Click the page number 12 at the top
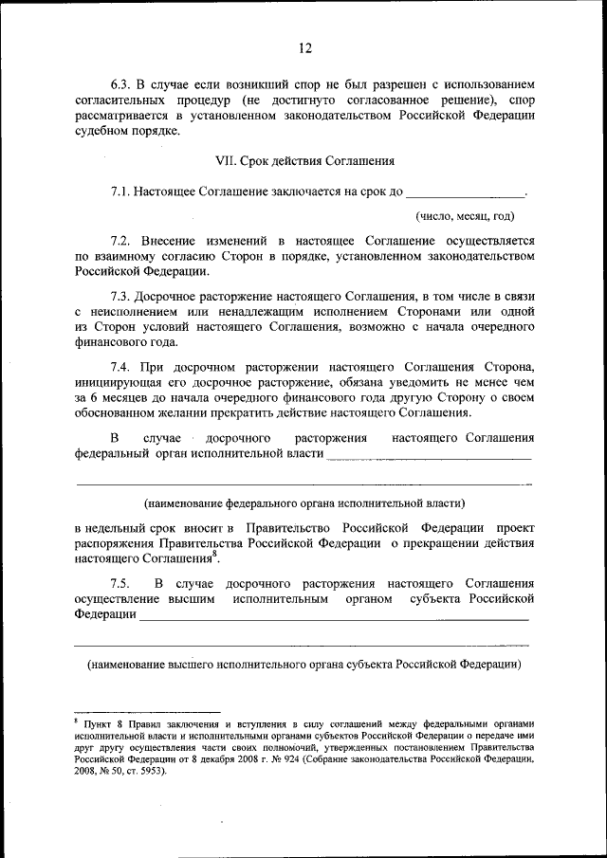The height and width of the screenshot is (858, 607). click(303, 48)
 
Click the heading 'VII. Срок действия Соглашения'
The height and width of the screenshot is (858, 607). click(303, 161)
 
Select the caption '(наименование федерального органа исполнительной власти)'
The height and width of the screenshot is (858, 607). click(303, 502)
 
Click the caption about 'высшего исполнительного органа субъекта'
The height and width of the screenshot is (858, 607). click(303, 664)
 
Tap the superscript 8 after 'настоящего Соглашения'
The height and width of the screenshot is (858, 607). click(216, 555)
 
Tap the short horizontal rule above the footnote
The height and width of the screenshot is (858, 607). click(147, 710)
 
